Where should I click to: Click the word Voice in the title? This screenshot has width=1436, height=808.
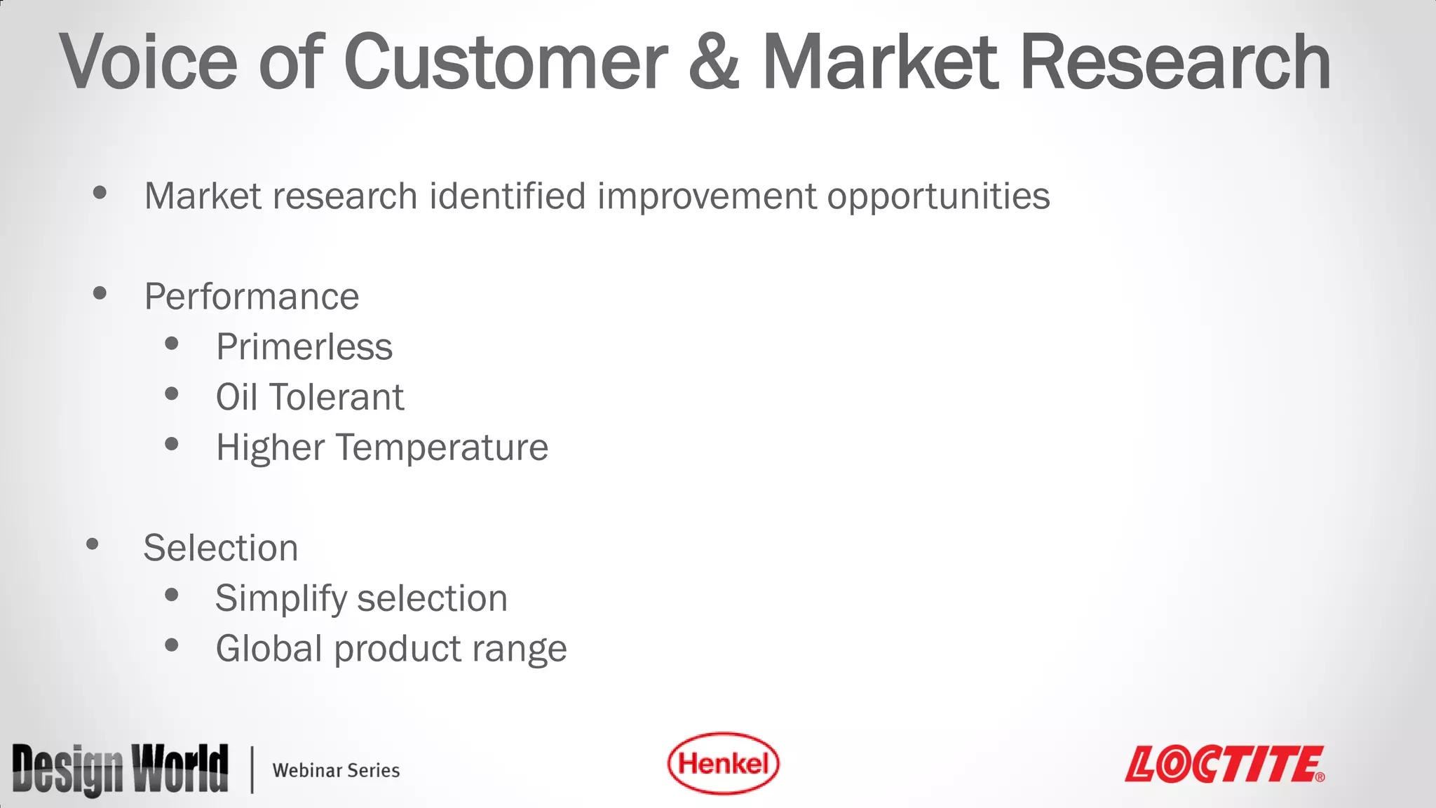coord(149,63)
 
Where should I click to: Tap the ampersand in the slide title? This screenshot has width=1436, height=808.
coord(714,63)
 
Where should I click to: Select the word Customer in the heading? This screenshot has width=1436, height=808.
coord(505,63)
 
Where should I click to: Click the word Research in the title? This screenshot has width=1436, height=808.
coord(1175,63)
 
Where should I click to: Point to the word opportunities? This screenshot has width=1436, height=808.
coord(938,197)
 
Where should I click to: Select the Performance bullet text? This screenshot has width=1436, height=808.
coord(252,297)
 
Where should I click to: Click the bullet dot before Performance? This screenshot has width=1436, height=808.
coord(100,293)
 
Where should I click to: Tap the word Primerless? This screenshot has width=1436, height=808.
coord(304,347)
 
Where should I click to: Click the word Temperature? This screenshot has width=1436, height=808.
coord(442,447)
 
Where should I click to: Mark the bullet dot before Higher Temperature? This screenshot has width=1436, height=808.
coord(172,444)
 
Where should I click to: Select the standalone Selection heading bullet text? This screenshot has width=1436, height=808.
coord(221,548)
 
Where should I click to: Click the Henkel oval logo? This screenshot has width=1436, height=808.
coord(723,764)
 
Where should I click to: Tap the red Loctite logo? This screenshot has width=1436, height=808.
coord(1224,764)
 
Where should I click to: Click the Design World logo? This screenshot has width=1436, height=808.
coord(120,769)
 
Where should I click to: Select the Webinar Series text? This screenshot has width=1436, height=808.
coord(336,770)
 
